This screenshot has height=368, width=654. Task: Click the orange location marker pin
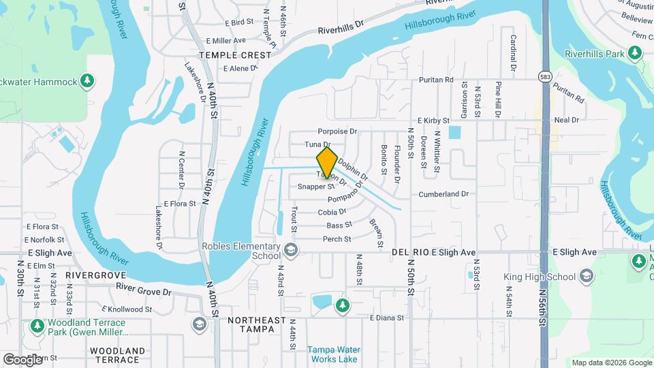(327, 162)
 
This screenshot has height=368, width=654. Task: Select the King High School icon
(587, 277)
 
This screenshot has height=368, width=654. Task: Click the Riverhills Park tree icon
(635, 52)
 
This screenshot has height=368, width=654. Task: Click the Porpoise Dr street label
(337, 132)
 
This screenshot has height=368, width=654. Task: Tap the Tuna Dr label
(317, 144)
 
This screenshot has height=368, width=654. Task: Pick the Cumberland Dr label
(443, 194)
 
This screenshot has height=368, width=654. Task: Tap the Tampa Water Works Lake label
(332, 354)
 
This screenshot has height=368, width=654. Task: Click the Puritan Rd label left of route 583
(437, 80)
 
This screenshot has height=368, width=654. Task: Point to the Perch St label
(337, 239)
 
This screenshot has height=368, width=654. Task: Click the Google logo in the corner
(22, 359)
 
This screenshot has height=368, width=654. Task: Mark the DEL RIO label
(410, 252)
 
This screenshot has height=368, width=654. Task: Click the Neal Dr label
(566, 120)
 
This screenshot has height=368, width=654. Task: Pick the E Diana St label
(387, 318)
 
